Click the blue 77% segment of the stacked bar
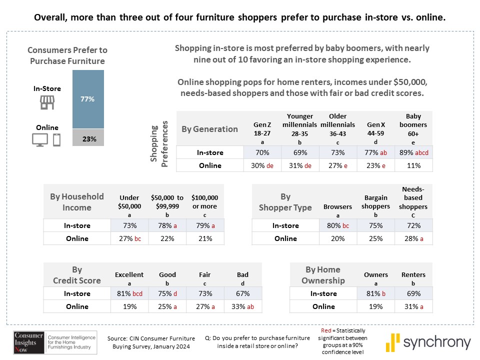click(88, 99)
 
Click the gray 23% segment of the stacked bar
click(88, 138)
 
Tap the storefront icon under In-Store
click(47, 102)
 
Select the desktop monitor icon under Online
click(39, 140)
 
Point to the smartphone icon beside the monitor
click(56, 140)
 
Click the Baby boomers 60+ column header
click(413, 129)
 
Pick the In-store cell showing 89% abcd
click(413, 152)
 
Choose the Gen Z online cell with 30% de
click(262, 165)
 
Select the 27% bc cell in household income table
click(129, 238)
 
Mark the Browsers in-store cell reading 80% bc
click(338, 225)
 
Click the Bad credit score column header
click(243, 278)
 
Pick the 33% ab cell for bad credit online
click(243, 306)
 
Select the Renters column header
click(413, 278)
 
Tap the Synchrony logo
click(428, 342)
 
